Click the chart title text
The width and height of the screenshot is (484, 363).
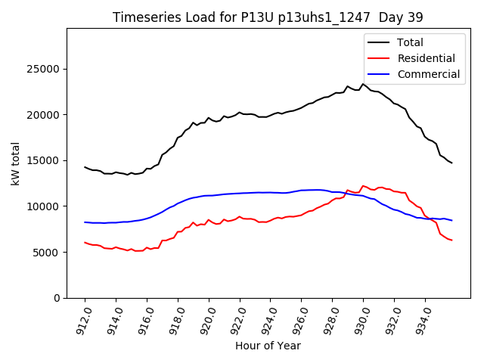[268, 17]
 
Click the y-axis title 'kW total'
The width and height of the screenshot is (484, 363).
[16, 163]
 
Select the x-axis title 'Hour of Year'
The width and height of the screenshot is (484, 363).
[268, 346]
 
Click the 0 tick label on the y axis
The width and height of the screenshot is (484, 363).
[58, 298]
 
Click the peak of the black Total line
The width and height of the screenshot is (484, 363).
[363, 84]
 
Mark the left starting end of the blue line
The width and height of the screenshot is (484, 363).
[85, 222]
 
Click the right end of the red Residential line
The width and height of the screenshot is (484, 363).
[451, 240]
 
